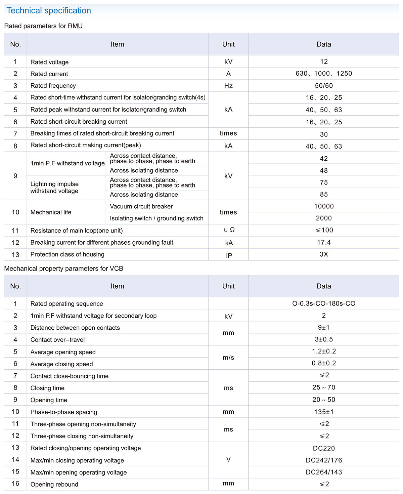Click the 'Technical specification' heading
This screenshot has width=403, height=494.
pos(49,11)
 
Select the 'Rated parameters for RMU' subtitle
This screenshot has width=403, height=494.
pos(43,26)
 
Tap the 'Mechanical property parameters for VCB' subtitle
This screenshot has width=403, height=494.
pos(63,269)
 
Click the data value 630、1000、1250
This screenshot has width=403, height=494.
pos(324,74)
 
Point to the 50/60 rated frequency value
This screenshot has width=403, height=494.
pos(324,86)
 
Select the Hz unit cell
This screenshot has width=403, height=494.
pos(228,86)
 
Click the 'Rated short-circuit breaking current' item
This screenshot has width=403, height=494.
pos(79,122)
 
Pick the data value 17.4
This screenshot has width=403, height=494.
pos(324,242)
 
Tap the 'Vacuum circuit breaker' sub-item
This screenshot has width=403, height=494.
pos(141,206)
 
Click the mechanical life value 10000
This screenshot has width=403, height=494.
pos(324,206)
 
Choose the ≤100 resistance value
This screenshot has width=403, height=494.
pos(324,230)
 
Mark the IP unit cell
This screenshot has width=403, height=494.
pos(229,255)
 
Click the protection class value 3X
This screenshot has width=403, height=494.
pos(324,254)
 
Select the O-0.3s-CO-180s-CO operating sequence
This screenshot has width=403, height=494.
pos(324,303)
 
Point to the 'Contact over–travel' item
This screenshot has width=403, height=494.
pos(57,340)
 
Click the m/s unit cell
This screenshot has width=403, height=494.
pos(228,358)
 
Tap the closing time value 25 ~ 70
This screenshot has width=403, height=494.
pos(324,387)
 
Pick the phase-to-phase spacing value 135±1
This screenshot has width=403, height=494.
pos(324,412)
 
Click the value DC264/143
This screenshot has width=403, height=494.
pos(324,472)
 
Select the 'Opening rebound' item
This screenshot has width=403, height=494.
pos(54,484)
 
